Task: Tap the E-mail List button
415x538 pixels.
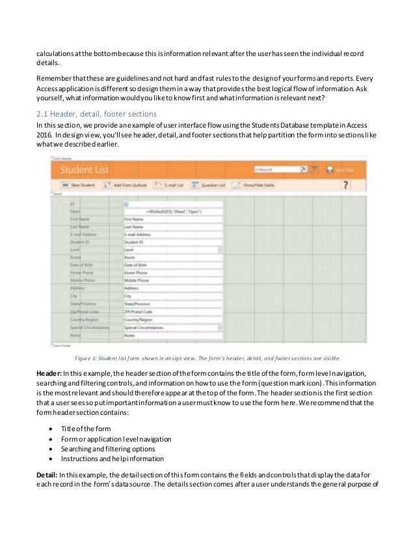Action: click(170, 185)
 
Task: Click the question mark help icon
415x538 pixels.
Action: click(346, 185)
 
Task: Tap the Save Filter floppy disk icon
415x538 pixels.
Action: click(330, 169)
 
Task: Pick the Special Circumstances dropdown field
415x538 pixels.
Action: click(172, 328)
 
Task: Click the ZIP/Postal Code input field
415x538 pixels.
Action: click(172, 313)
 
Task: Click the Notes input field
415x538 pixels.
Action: click(172, 336)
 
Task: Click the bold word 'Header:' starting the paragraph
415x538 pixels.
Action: click(49, 372)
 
